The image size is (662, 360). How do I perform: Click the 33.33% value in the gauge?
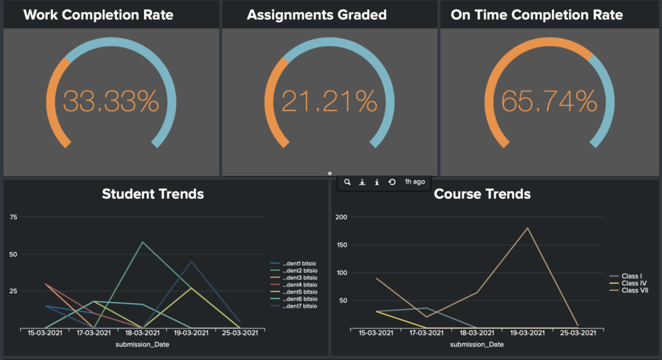tap(111, 101)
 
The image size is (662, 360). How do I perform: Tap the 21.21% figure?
tap(329, 101)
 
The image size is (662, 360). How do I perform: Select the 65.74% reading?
tap(549, 101)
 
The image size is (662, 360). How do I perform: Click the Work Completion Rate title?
tap(98, 15)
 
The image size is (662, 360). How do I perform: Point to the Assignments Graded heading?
tap(317, 15)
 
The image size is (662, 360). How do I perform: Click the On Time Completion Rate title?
tap(537, 15)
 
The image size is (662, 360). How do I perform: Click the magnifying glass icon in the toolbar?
tap(347, 182)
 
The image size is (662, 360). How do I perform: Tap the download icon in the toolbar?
tap(362, 182)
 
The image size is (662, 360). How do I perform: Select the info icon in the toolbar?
tap(377, 182)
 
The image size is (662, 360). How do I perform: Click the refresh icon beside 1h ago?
tap(392, 182)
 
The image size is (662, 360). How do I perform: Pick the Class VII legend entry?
tap(634, 291)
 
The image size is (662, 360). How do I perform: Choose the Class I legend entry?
tap(631, 276)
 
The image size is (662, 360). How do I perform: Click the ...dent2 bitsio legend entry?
tap(299, 270)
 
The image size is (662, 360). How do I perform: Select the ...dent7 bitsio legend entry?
tap(299, 306)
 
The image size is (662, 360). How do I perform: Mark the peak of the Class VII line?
tap(528, 228)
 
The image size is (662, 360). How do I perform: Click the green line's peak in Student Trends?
tap(142, 242)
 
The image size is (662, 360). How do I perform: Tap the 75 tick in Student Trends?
tap(13, 217)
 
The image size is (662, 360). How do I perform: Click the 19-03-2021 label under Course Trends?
tap(528, 334)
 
